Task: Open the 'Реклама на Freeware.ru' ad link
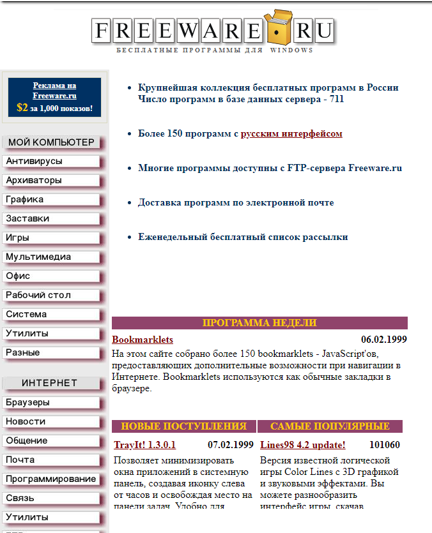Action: pos(54,91)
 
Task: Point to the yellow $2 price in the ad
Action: pos(22,108)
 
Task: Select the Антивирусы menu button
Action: pos(51,161)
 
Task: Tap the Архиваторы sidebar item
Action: pos(51,181)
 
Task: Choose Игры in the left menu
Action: pos(51,238)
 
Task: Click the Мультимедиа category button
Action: pos(51,257)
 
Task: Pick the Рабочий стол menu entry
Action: pos(51,296)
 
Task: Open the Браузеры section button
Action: pos(51,403)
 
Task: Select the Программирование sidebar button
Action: pos(51,479)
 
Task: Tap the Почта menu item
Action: pos(51,460)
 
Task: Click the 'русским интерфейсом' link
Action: pos(291,134)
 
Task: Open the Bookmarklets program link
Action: pos(143,340)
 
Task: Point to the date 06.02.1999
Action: pos(383,340)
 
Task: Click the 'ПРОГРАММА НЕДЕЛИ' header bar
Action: pos(259,323)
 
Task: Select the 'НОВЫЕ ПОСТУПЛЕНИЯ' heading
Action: pos(183,426)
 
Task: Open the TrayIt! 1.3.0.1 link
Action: pos(144,445)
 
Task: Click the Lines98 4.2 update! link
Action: pos(302,445)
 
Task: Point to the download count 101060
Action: pos(384,445)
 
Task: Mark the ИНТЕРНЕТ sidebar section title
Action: pos(49,383)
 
